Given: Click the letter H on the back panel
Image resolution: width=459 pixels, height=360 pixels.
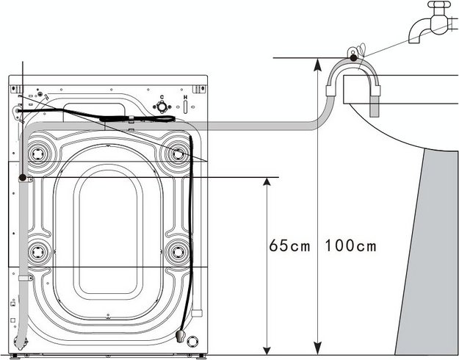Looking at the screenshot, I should coord(185,98).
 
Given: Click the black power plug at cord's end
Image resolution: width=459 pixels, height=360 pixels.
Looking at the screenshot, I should coord(179,336).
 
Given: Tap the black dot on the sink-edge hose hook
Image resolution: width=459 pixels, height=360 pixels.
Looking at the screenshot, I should coord(354,57).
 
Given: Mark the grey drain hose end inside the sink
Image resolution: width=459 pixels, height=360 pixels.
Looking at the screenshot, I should coord(375,108).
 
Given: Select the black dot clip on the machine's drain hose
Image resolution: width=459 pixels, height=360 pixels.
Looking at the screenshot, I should coord(24,178).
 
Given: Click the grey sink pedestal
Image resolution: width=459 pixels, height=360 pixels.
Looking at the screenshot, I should coord(429,257).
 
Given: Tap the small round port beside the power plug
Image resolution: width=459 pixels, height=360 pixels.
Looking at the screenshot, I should coord(193,340).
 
